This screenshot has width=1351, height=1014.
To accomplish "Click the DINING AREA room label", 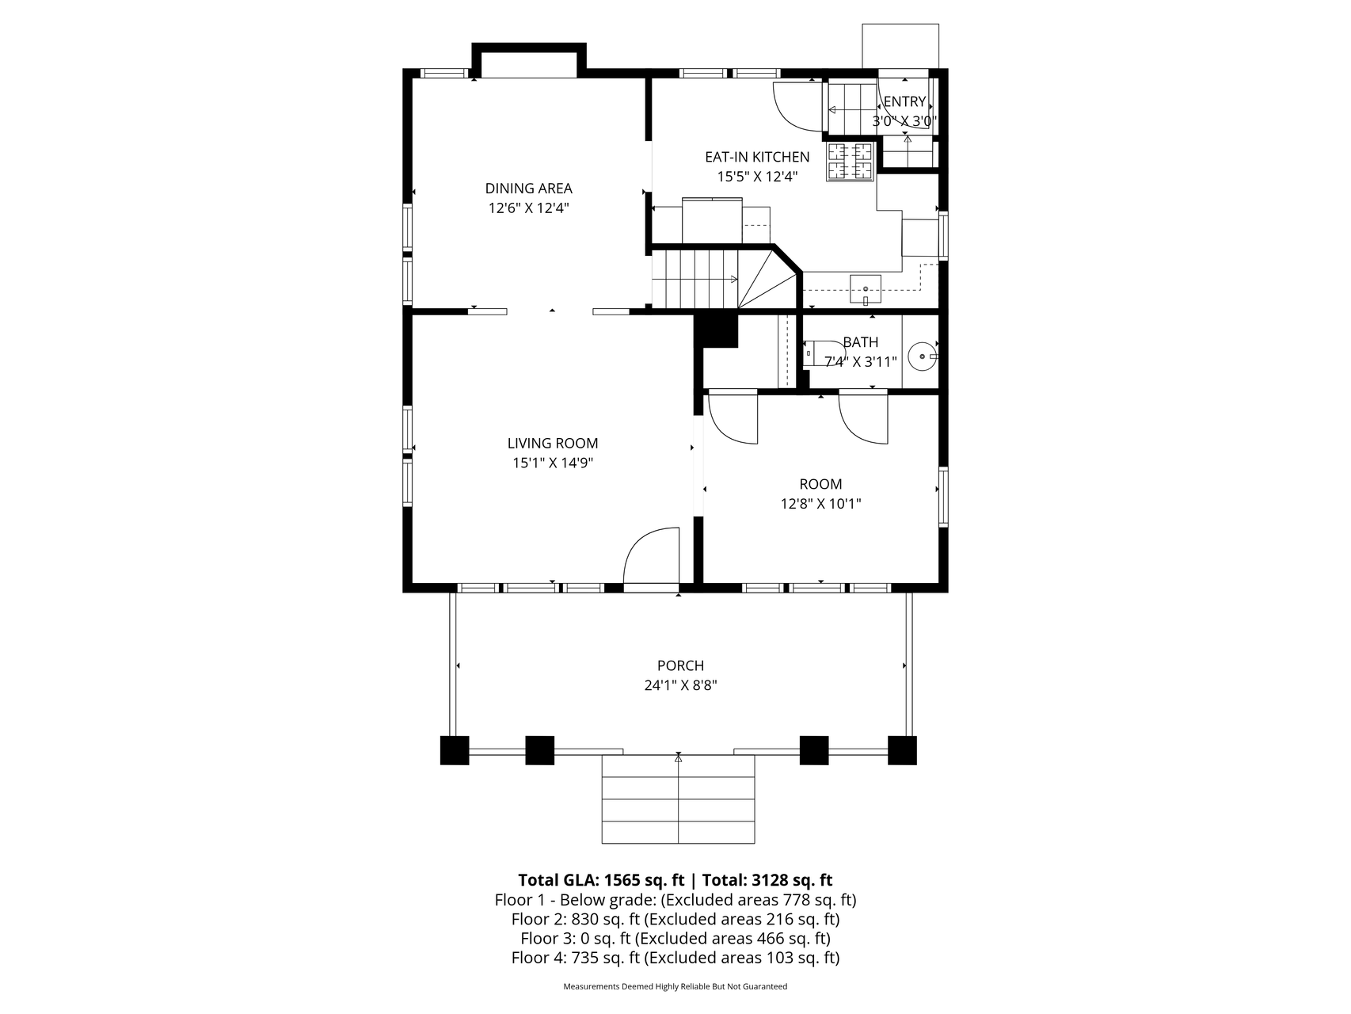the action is point(528,189).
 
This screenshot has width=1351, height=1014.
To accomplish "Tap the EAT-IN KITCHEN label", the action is point(757,157).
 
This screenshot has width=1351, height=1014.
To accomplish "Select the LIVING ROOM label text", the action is point(553,444).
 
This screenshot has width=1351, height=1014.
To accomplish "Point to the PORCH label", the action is point(680,665).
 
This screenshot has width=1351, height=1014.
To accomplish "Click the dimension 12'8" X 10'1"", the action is point(820,503).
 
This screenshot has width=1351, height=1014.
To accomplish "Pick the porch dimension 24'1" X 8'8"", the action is point(680,685).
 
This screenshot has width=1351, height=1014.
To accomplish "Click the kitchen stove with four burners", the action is point(851,162).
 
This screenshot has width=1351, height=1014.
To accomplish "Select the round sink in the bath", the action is point(923,356).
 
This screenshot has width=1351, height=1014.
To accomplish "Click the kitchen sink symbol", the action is point(866,289).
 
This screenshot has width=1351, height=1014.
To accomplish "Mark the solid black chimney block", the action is point(716,331).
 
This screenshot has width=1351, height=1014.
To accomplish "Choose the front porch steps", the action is point(679,799).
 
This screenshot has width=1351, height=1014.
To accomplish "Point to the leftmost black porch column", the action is point(455,750).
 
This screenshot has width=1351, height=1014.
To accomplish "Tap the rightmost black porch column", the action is point(902,750).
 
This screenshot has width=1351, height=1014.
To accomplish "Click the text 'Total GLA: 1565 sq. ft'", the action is point(601,880).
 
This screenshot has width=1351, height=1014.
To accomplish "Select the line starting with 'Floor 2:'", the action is point(675,919).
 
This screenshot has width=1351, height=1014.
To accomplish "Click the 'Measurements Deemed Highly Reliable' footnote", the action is point(675,986).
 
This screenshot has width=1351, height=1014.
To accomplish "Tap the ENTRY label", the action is point(904,101).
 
